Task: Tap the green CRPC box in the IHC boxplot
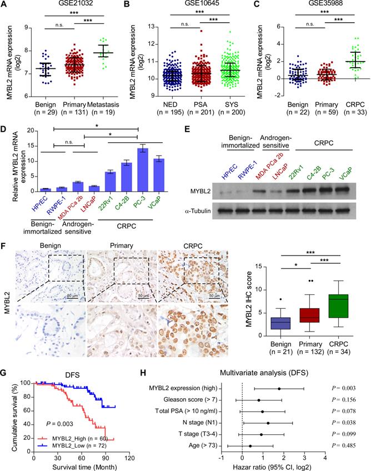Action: [x=337, y=301]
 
